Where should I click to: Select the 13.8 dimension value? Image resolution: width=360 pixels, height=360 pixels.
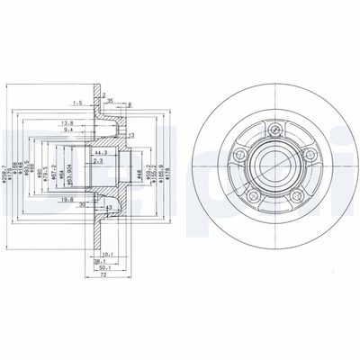pos(67,122)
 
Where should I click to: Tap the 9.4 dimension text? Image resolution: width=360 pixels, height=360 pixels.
pos(67,130)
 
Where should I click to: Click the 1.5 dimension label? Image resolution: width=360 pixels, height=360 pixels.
pos(78,103)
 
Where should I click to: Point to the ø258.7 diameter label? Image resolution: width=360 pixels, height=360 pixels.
pos(7,170)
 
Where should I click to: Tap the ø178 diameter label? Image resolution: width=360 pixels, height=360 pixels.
pos(162,168)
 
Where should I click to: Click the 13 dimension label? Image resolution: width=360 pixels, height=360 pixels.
pos(131,135)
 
